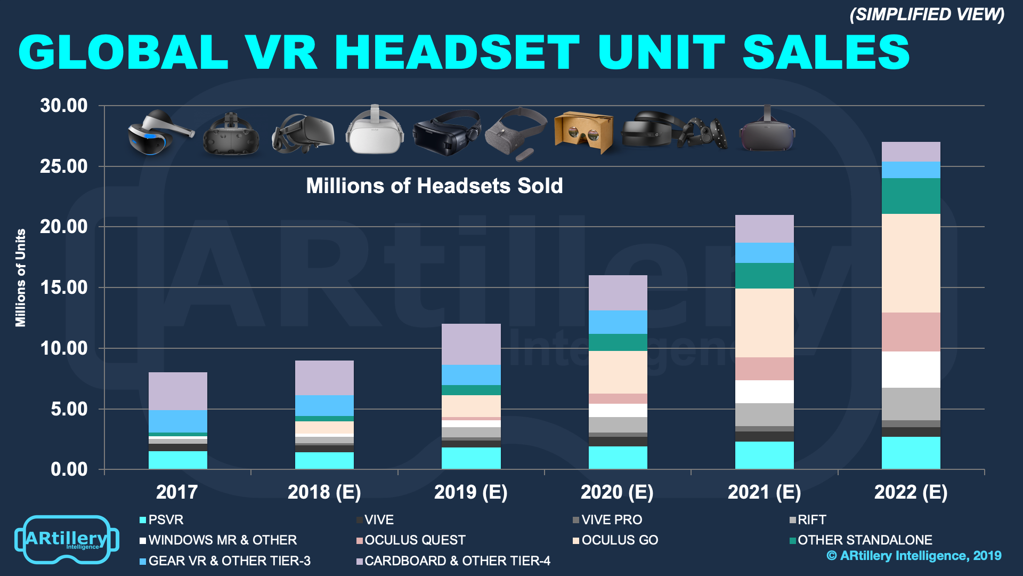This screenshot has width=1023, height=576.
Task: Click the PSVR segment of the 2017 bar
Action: pos(177,460)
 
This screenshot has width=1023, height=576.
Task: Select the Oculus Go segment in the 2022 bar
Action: pos(911,263)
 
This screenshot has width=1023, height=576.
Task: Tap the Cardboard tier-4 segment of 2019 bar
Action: pos(471,344)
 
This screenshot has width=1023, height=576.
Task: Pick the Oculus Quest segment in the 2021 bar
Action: pos(764,369)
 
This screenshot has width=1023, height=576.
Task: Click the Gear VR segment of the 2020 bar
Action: pos(618,322)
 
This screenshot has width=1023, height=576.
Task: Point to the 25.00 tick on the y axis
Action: pos(64,166)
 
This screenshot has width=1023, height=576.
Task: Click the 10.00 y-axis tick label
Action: pos(64,348)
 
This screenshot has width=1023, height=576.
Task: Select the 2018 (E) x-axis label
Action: pos(324,492)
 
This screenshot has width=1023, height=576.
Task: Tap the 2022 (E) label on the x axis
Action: pos(911,492)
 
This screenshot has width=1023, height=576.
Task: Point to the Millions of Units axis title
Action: pos(21,277)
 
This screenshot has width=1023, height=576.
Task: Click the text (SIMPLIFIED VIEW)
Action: pos(927,14)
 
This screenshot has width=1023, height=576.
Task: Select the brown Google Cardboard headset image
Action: pos(584,132)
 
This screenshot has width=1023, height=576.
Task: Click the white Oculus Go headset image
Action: pos(374,131)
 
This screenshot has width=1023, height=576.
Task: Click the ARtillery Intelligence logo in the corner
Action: pos(67,540)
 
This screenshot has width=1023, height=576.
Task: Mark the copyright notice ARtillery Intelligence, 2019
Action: pos(914,556)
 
